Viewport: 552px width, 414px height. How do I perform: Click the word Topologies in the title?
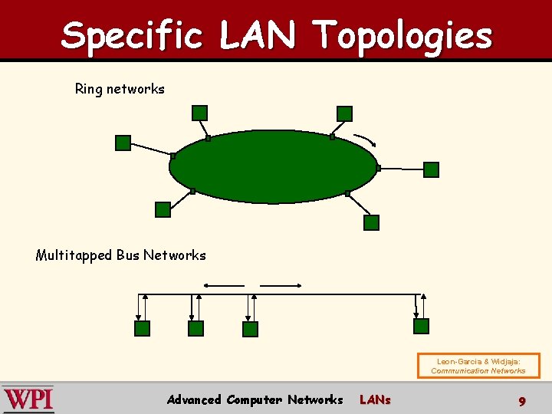[403, 36]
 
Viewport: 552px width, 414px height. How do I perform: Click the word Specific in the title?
[132, 36]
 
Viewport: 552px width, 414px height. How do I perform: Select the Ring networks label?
[120, 89]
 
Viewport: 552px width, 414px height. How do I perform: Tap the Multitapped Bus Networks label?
[120, 255]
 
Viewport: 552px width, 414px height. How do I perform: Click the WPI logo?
[28, 399]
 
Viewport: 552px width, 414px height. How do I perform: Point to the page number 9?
[521, 401]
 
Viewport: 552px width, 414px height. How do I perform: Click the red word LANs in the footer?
[375, 399]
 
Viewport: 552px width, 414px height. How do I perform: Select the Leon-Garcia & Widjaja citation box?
[478, 366]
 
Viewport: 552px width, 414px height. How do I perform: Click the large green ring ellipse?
[274, 166]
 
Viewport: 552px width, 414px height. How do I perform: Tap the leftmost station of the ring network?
[123, 143]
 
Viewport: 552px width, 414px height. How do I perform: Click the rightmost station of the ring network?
[432, 169]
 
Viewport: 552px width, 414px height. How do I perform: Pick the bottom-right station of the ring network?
[371, 223]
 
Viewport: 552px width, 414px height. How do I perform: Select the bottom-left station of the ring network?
[163, 209]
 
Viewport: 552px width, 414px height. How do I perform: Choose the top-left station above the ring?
[199, 113]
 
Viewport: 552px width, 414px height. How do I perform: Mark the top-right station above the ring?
[345, 113]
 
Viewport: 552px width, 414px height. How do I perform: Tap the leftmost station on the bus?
[143, 328]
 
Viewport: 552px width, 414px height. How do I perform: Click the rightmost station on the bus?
[421, 326]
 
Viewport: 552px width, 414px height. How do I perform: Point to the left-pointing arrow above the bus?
[223, 285]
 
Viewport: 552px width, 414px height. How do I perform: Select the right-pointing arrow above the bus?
[281, 285]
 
